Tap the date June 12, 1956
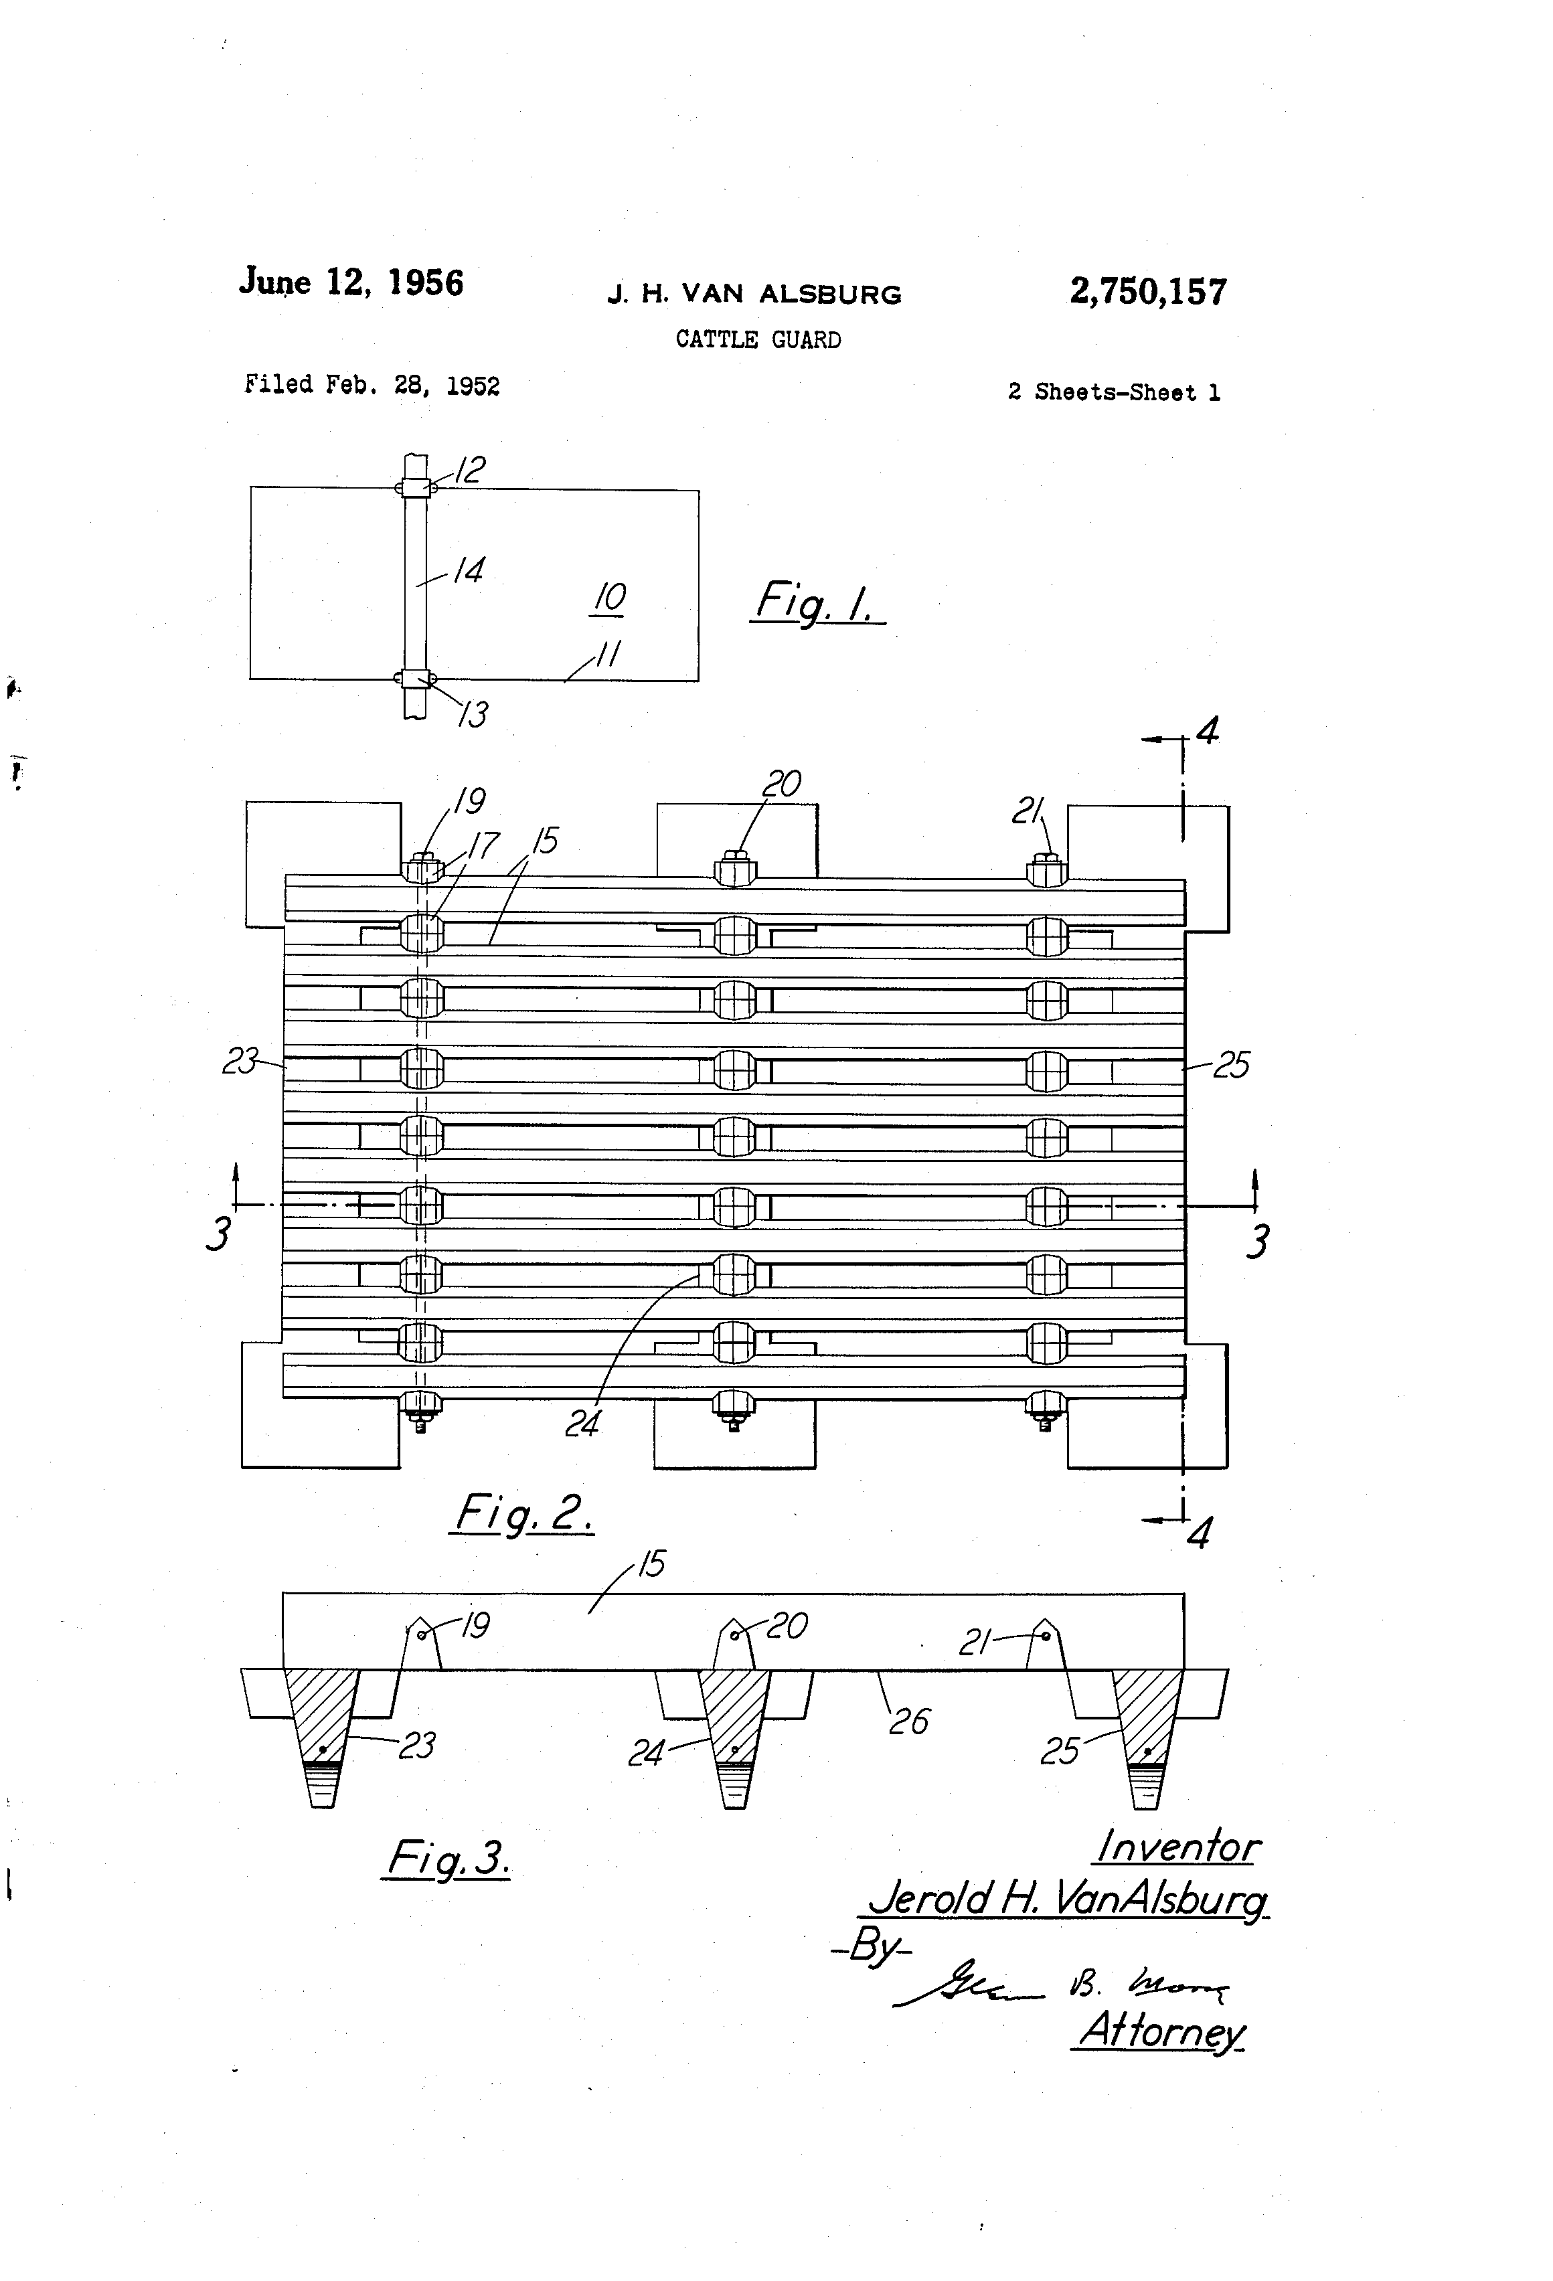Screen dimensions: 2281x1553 pyautogui.click(x=351, y=282)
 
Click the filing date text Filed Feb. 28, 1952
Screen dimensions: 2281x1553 pyautogui.click(x=372, y=385)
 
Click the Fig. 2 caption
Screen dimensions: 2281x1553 pyautogui.click(x=523, y=1513)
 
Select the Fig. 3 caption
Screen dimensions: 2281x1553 pyautogui.click(x=446, y=1857)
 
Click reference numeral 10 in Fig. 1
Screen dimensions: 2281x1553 pyautogui.click(x=608, y=597)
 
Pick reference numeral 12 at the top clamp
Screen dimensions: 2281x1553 pyautogui.click(x=469, y=469)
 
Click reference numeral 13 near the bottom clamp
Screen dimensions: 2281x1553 pyautogui.click(x=473, y=713)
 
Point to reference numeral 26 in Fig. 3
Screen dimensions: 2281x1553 pyautogui.click(x=908, y=1721)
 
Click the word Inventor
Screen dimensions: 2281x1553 pyautogui.click(x=1176, y=1846)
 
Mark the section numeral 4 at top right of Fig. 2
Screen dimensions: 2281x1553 pyautogui.click(x=1208, y=730)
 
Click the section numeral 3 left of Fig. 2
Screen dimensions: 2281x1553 pyautogui.click(x=218, y=1233)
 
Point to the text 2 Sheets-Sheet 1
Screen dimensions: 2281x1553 pyautogui.click(x=1113, y=393)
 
